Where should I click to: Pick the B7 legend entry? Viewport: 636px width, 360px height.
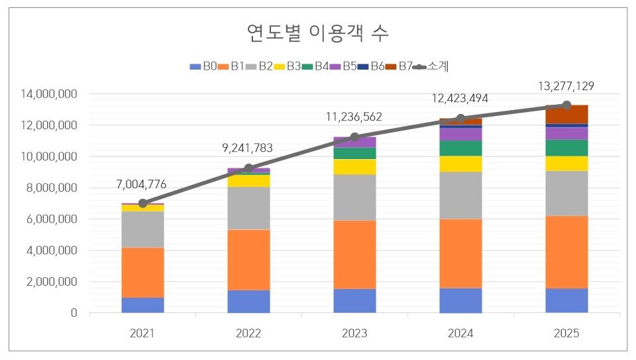pos(399,66)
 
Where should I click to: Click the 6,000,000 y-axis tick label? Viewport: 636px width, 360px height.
pos(52,219)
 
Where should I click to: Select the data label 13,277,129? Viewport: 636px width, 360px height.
pos(566,86)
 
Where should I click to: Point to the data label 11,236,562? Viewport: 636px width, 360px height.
pos(354,117)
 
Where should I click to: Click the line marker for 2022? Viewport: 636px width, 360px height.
pos(248,168)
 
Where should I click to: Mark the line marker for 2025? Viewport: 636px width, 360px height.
pos(566,105)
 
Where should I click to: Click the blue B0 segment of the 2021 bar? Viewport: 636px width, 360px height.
pos(142,305)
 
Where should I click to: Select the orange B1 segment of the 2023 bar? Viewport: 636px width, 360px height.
pos(354,255)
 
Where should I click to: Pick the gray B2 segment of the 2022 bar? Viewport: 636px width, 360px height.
pos(248,208)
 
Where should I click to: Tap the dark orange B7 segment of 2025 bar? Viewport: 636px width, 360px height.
pos(566,114)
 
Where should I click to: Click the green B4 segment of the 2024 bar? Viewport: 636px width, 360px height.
pos(460,148)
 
